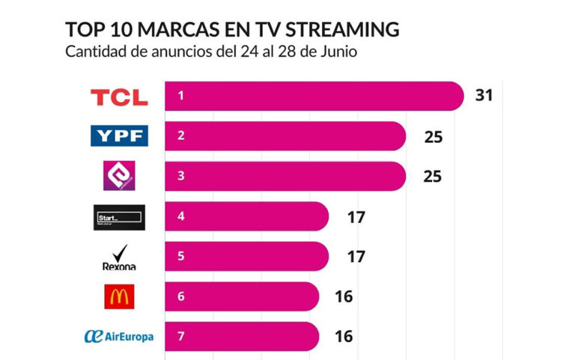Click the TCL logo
[x=119, y=97]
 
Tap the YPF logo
[x=119, y=136]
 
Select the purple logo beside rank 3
[x=119, y=177]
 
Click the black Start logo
[x=120, y=217]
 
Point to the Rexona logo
[x=119, y=257]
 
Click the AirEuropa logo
[x=119, y=337]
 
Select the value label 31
[x=484, y=95]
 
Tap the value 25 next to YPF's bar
[x=432, y=136]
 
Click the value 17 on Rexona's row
[x=356, y=257]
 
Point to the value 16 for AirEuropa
[x=344, y=337]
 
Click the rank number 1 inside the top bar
[x=181, y=96]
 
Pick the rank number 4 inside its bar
[x=181, y=217]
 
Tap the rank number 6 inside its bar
[x=181, y=297]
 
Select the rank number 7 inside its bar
[x=181, y=337]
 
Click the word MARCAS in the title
[x=161, y=30]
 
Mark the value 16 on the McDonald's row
[x=344, y=297]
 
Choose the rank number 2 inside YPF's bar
[x=181, y=136]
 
